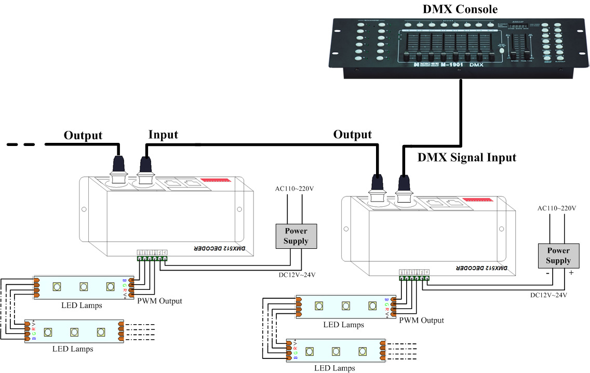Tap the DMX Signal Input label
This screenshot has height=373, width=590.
tap(467, 157)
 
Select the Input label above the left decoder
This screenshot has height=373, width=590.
tap(163, 135)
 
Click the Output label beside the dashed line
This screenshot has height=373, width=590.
tap(83, 136)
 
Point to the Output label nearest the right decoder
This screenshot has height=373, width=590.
tap(353, 135)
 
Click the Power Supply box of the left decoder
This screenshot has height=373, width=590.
tap(296, 236)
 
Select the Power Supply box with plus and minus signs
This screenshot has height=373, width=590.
tap(558, 256)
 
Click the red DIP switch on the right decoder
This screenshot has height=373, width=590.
tap(476, 199)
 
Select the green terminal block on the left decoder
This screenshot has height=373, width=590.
tap(152, 258)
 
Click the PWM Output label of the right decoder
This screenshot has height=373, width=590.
tap(421, 321)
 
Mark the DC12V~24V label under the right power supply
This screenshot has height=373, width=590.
tap(548, 295)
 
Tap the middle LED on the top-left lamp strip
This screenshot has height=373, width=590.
tap(83, 286)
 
